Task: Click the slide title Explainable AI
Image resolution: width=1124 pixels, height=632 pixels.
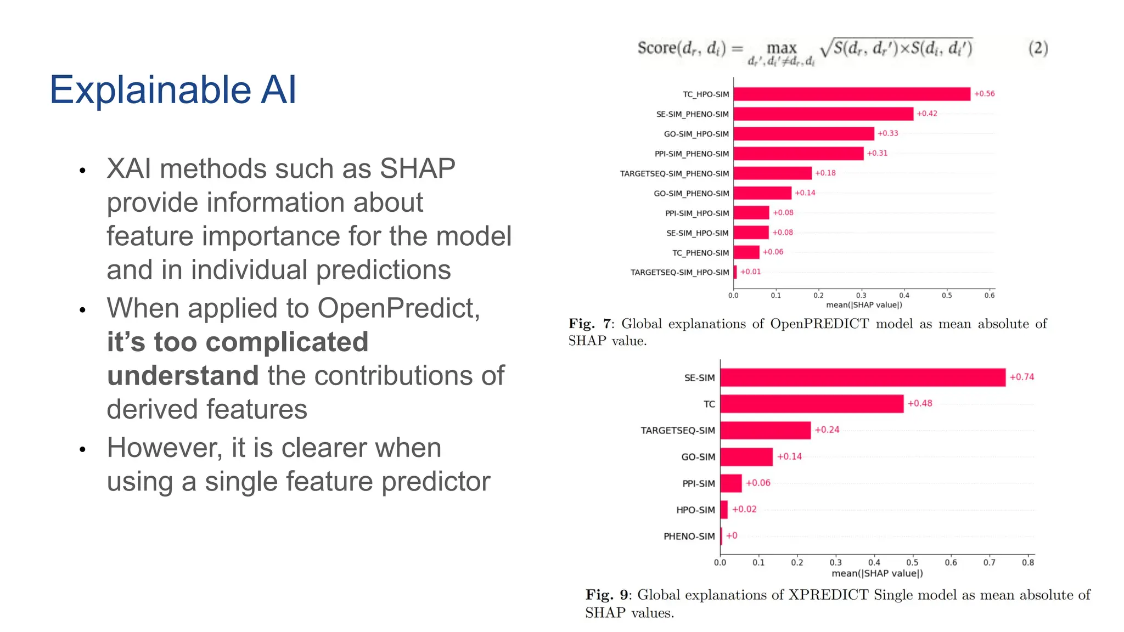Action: (x=173, y=90)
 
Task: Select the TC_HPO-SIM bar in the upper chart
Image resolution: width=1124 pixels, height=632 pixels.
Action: (x=851, y=94)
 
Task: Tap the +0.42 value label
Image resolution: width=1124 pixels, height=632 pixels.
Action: (x=927, y=114)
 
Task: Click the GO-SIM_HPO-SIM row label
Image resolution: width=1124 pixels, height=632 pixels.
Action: (x=696, y=134)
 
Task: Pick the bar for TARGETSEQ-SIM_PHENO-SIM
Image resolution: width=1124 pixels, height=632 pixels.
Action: (x=772, y=173)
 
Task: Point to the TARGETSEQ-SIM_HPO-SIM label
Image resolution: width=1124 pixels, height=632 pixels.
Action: (x=679, y=272)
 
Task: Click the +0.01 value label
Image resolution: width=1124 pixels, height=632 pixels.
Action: (x=750, y=272)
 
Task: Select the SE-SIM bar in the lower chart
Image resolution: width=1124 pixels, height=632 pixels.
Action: (x=862, y=377)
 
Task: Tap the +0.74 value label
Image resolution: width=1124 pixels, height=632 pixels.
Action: (x=1021, y=377)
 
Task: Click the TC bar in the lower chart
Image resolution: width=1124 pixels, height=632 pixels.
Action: (x=811, y=404)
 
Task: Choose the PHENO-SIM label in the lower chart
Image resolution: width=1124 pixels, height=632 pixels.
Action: (x=689, y=536)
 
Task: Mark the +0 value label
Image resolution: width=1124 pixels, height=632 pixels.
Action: (x=732, y=535)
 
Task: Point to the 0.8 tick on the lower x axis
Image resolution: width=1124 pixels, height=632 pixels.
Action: (x=1027, y=562)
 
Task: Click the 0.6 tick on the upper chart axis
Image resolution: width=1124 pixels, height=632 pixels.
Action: (x=989, y=295)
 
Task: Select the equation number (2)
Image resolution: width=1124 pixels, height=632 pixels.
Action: (x=1037, y=48)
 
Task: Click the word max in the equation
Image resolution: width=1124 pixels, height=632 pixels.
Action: (x=781, y=48)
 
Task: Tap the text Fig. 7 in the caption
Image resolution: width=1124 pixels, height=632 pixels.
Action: (x=589, y=324)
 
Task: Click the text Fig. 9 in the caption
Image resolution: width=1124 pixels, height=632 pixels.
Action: (x=606, y=595)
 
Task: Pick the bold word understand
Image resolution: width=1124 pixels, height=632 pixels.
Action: (x=183, y=376)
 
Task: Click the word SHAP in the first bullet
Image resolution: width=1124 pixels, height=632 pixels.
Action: (x=417, y=168)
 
